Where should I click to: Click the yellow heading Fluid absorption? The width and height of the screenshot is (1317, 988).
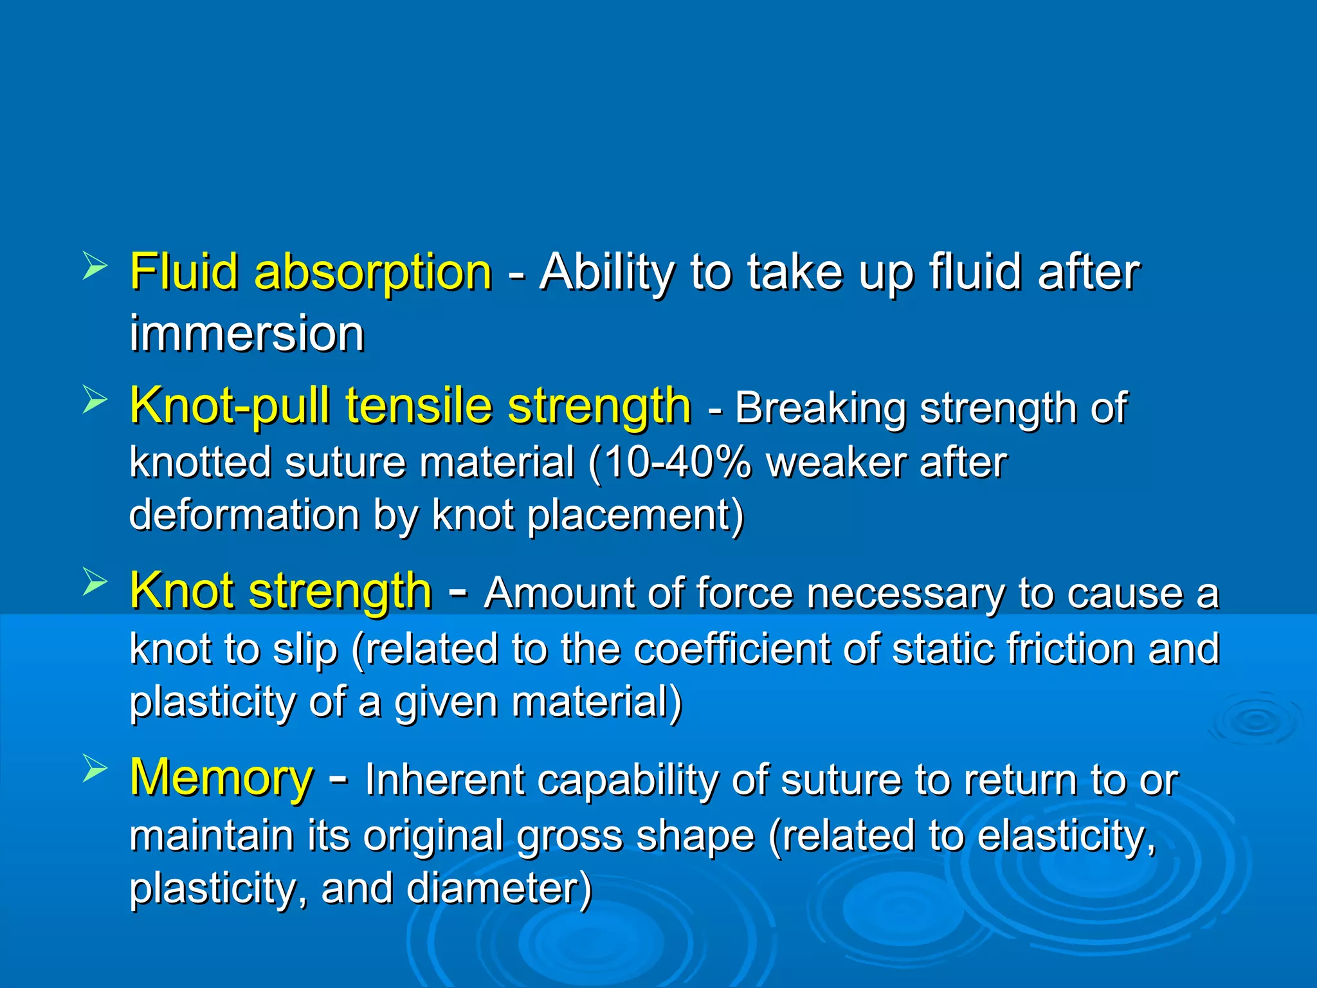[x=311, y=273]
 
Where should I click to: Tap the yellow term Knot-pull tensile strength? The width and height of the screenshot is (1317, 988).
[x=410, y=407]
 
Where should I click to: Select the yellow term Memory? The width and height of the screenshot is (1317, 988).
[x=221, y=778]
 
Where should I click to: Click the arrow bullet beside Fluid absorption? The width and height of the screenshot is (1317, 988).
[x=95, y=266]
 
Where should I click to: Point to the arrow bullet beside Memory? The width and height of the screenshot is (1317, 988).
[x=95, y=769]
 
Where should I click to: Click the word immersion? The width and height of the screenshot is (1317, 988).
[x=247, y=334]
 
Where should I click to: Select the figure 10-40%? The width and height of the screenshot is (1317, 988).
[x=677, y=463]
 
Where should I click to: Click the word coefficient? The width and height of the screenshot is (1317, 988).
[x=732, y=648]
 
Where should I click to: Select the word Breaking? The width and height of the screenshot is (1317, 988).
[x=820, y=408]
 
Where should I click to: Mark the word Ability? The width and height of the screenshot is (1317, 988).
[x=606, y=273]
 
